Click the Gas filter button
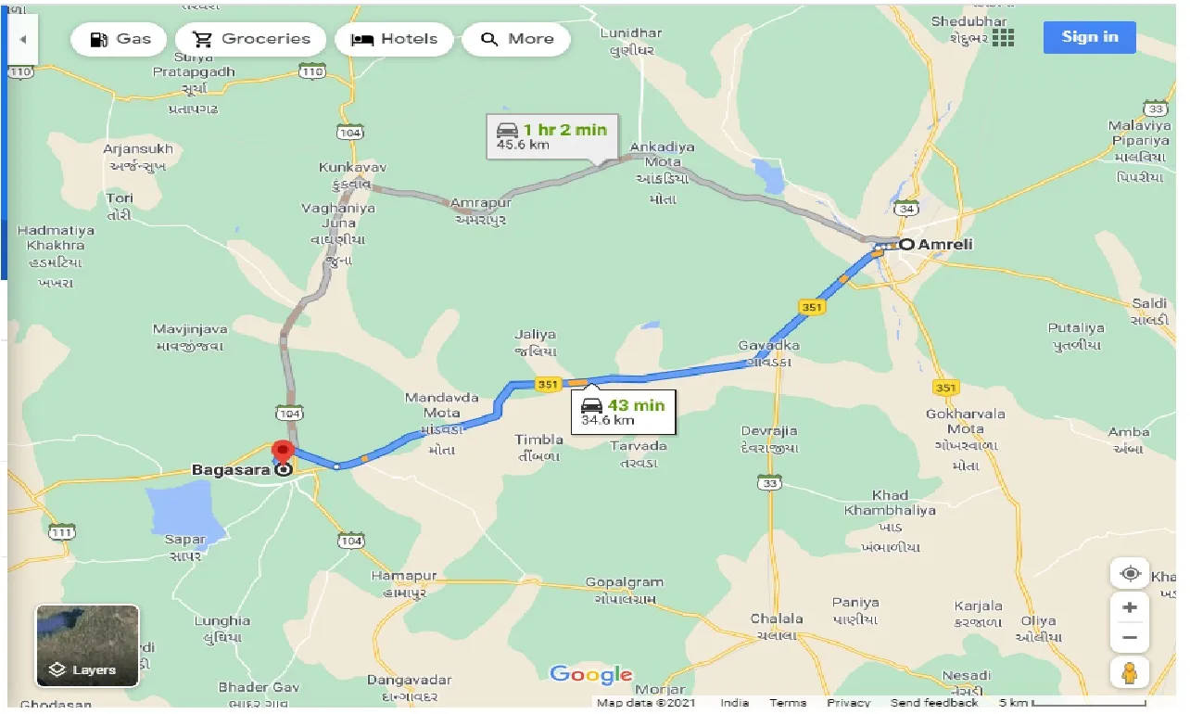point(120,39)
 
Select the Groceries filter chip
point(251,39)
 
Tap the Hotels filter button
point(395,39)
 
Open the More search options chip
point(516,39)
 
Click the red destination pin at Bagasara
point(282,453)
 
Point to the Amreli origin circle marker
point(906,244)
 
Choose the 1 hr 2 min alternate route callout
point(551,136)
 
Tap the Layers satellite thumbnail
point(87,645)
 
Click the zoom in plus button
point(1129,608)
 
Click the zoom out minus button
point(1129,638)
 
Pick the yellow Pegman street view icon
point(1129,674)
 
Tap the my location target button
point(1130,574)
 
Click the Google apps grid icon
point(1003,38)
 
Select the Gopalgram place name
point(625,582)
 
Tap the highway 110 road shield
point(312,71)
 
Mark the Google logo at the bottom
point(590,675)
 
